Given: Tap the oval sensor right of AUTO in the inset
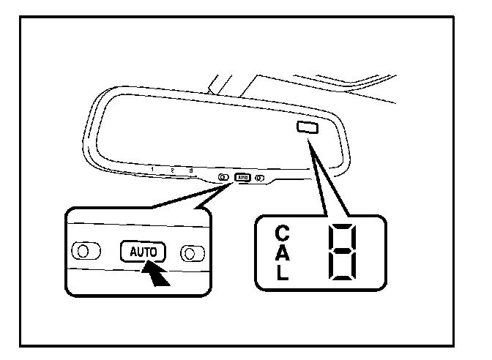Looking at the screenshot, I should (x=192, y=253).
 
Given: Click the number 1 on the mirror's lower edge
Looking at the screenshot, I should (x=152, y=170).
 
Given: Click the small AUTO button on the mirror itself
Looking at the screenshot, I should (x=242, y=177).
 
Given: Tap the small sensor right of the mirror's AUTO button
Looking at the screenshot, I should (x=260, y=178).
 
